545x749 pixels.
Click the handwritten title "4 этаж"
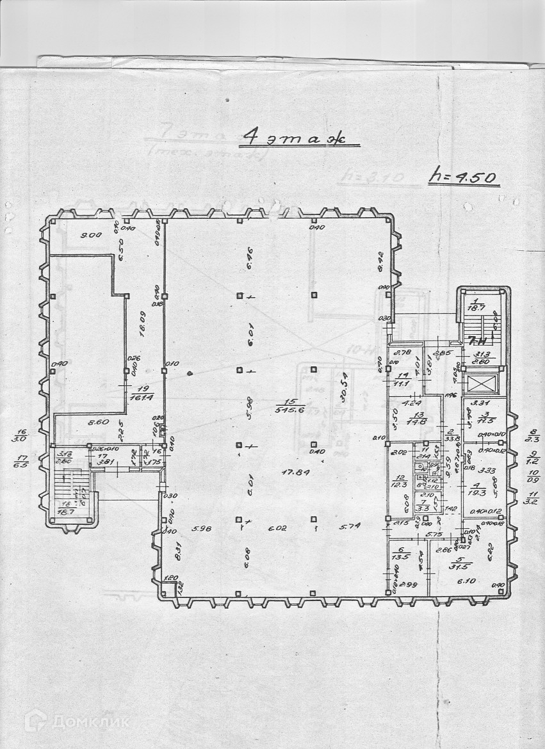[295, 137]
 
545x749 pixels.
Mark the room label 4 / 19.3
[478, 490]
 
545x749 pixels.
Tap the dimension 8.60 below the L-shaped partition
[80, 423]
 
